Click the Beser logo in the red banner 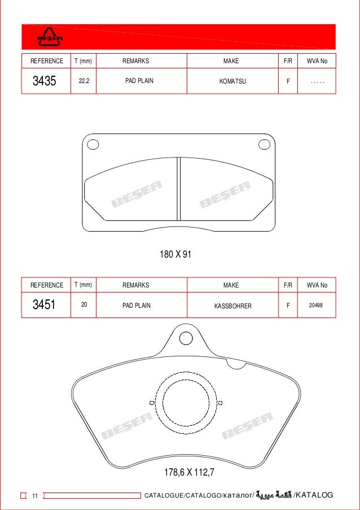[x=50, y=37]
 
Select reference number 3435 [x=44, y=81]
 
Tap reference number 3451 [x=44, y=306]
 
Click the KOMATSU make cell [x=231, y=81]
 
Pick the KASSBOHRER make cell [x=232, y=306]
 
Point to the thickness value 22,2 [x=84, y=81]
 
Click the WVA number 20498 [x=317, y=305]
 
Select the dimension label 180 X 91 [x=175, y=255]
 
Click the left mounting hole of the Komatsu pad [x=93, y=145]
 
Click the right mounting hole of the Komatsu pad [x=264, y=145]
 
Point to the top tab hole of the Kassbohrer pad [x=186, y=338]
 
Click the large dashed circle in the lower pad [x=186, y=403]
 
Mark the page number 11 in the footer [x=34, y=496]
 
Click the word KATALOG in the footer [x=314, y=495]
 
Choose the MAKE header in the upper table [x=231, y=61]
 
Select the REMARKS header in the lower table [x=136, y=285]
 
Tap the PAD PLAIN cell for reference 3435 [x=139, y=81]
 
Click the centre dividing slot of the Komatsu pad [x=178, y=189]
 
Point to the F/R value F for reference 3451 [x=288, y=306]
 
